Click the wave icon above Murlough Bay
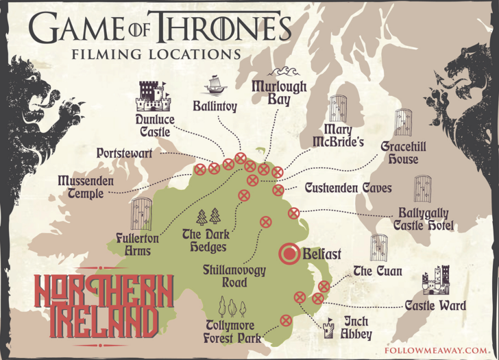click(281, 73)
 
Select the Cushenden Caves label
click(348, 188)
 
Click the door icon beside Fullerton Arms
click(141, 215)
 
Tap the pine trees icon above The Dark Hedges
click(208, 217)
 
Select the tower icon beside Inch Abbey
click(330, 328)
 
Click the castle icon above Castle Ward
click(435, 280)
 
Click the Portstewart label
click(125, 154)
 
